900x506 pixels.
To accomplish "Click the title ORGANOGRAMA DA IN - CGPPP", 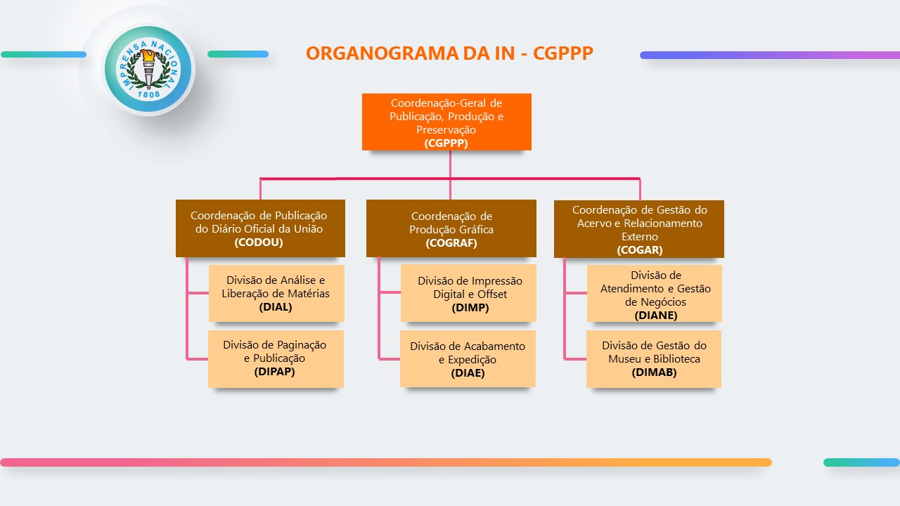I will [449, 53].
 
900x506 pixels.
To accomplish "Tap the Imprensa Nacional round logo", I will [148, 70].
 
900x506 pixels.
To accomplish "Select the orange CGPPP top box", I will [446, 122].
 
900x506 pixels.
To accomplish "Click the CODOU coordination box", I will [260, 228].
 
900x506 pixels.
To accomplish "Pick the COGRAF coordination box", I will [451, 228].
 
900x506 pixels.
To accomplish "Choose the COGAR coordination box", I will [639, 228].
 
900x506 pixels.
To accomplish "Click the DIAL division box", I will [276, 293].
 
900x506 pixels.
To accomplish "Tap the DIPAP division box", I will [276, 358].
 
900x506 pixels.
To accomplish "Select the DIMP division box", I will [468, 293].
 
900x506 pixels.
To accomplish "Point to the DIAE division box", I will [468, 358].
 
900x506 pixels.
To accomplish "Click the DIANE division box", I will [655, 294].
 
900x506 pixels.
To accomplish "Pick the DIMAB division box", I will [654, 358].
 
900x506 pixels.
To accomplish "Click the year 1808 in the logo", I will [148, 93].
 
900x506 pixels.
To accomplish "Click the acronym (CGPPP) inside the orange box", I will [446, 143].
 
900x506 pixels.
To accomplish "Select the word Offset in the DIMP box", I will [491, 294].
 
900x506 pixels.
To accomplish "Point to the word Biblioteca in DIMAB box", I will [673, 358].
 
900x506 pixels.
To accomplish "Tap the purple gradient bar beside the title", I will [769, 55].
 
